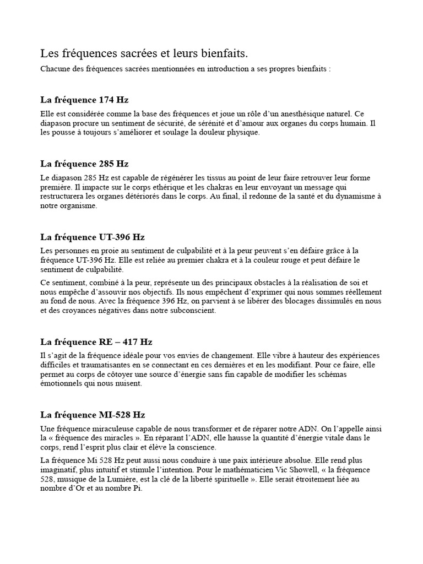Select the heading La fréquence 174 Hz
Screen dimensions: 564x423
point(84,100)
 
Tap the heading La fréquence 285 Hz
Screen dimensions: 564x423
point(84,164)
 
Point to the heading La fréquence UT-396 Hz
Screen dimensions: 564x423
point(93,237)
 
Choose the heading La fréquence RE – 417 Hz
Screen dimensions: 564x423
point(96,341)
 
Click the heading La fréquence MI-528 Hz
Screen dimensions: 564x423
point(93,415)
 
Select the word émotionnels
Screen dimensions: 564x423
point(62,384)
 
